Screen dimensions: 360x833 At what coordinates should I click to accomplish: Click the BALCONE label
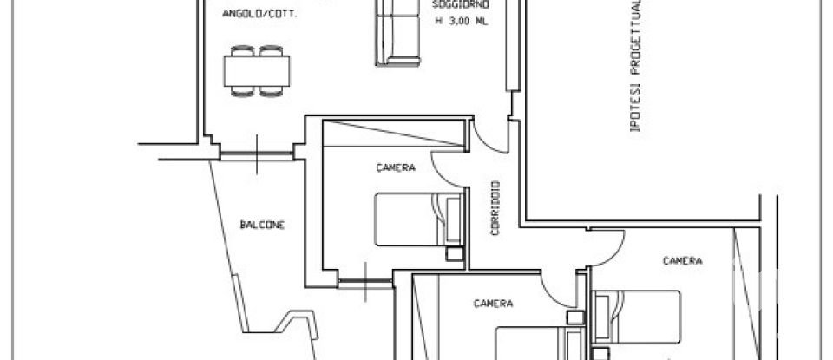point(262,225)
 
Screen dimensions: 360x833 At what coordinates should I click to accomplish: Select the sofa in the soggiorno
point(396,32)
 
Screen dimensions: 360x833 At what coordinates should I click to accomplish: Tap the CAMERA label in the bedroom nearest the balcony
point(396,167)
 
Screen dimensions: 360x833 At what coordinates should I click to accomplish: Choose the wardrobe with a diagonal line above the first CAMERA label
point(392,133)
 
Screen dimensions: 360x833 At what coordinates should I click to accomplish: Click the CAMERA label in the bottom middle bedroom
point(493,304)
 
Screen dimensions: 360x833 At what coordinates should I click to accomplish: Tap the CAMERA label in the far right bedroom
point(682,259)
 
